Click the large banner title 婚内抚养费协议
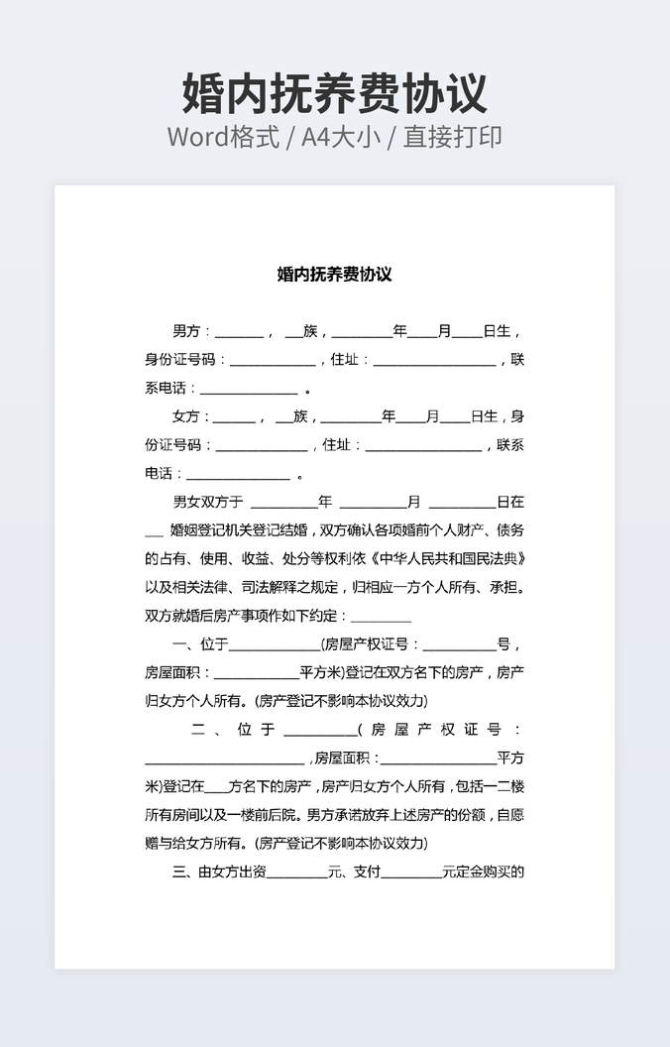pos(335,94)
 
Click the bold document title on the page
pos(334,274)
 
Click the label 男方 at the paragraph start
pos(186,331)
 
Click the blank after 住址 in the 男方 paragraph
pos(434,360)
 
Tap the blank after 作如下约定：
pos(374,616)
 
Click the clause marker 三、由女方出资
pos(219,872)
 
